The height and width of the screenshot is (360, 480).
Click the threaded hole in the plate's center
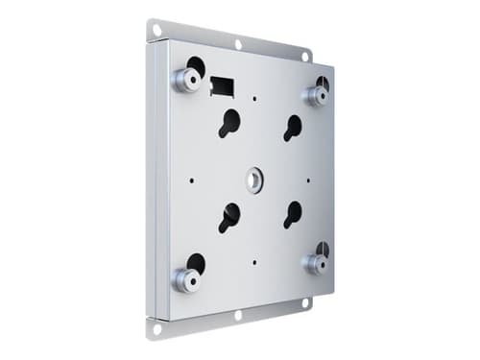pyautogui.click(x=255, y=178)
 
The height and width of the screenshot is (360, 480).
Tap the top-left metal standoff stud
pyautogui.click(x=186, y=78)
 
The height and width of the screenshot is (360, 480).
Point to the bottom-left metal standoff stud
pyautogui.click(x=184, y=277)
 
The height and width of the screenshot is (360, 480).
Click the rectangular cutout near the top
pyautogui.click(x=223, y=84)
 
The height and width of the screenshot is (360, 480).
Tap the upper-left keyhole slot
pyautogui.click(x=229, y=123)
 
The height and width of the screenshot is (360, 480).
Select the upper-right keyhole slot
pyautogui.click(x=292, y=127)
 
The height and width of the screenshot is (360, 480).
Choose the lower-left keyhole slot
pyautogui.click(x=229, y=217)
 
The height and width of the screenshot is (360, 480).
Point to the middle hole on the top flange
pyautogui.click(x=238, y=44)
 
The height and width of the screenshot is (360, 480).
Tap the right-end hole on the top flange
pyautogui.click(x=305, y=57)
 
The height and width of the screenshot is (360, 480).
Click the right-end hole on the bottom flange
pyautogui.click(x=305, y=302)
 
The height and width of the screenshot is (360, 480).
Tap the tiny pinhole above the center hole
pyautogui.click(x=256, y=98)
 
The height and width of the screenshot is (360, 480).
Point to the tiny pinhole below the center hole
pyautogui.click(x=254, y=261)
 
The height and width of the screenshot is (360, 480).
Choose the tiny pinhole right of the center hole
pyautogui.click(x=309, y=179)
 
